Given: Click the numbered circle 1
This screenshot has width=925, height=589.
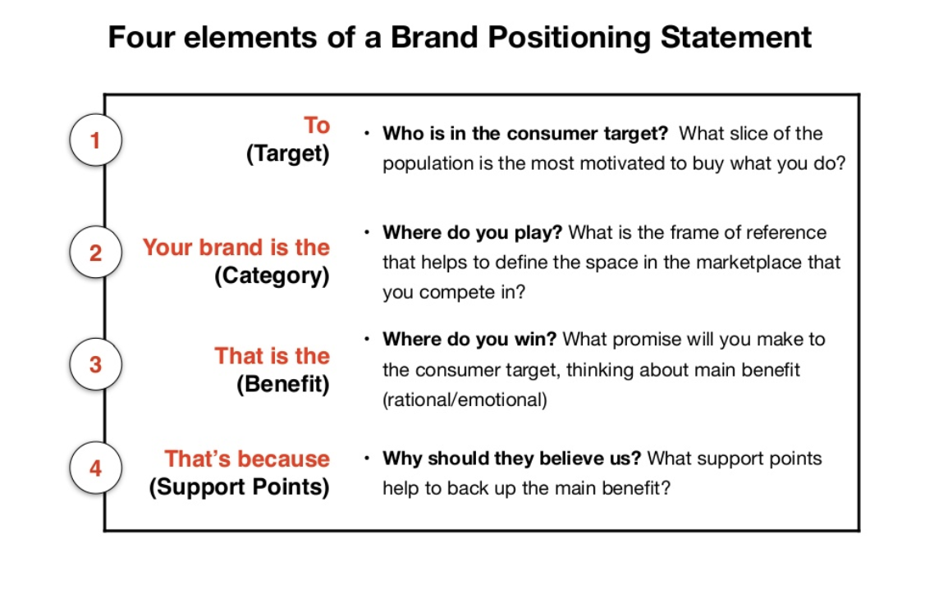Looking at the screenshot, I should click(95, 140).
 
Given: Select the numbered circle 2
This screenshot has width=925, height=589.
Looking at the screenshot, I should click(95, 253).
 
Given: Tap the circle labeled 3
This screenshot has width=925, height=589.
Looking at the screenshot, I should click(95, 363).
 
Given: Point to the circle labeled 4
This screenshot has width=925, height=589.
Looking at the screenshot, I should click(95, 468).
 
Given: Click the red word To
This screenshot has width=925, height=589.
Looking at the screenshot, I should click(316, 126).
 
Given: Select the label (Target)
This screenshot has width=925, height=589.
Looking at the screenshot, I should click(287, 154).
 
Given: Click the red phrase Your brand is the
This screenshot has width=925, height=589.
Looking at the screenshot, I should click(236, 248).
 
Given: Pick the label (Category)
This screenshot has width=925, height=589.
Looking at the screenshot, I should click(272, 276).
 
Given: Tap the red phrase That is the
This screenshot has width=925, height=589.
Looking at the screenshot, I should click(272, 356).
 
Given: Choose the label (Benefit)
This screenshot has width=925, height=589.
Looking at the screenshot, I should click(282, 384).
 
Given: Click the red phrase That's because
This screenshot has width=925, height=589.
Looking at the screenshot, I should click(247, 459).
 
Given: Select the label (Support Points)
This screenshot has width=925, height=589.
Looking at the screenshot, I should click(239, 486).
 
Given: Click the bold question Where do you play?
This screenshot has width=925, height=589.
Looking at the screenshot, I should click(472, 232).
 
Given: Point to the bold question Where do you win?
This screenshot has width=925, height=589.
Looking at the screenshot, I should click(469, 339).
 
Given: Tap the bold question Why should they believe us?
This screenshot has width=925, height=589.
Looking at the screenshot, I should click(512, 458).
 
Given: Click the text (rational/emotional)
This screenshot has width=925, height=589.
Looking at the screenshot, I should click(464, 400).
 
